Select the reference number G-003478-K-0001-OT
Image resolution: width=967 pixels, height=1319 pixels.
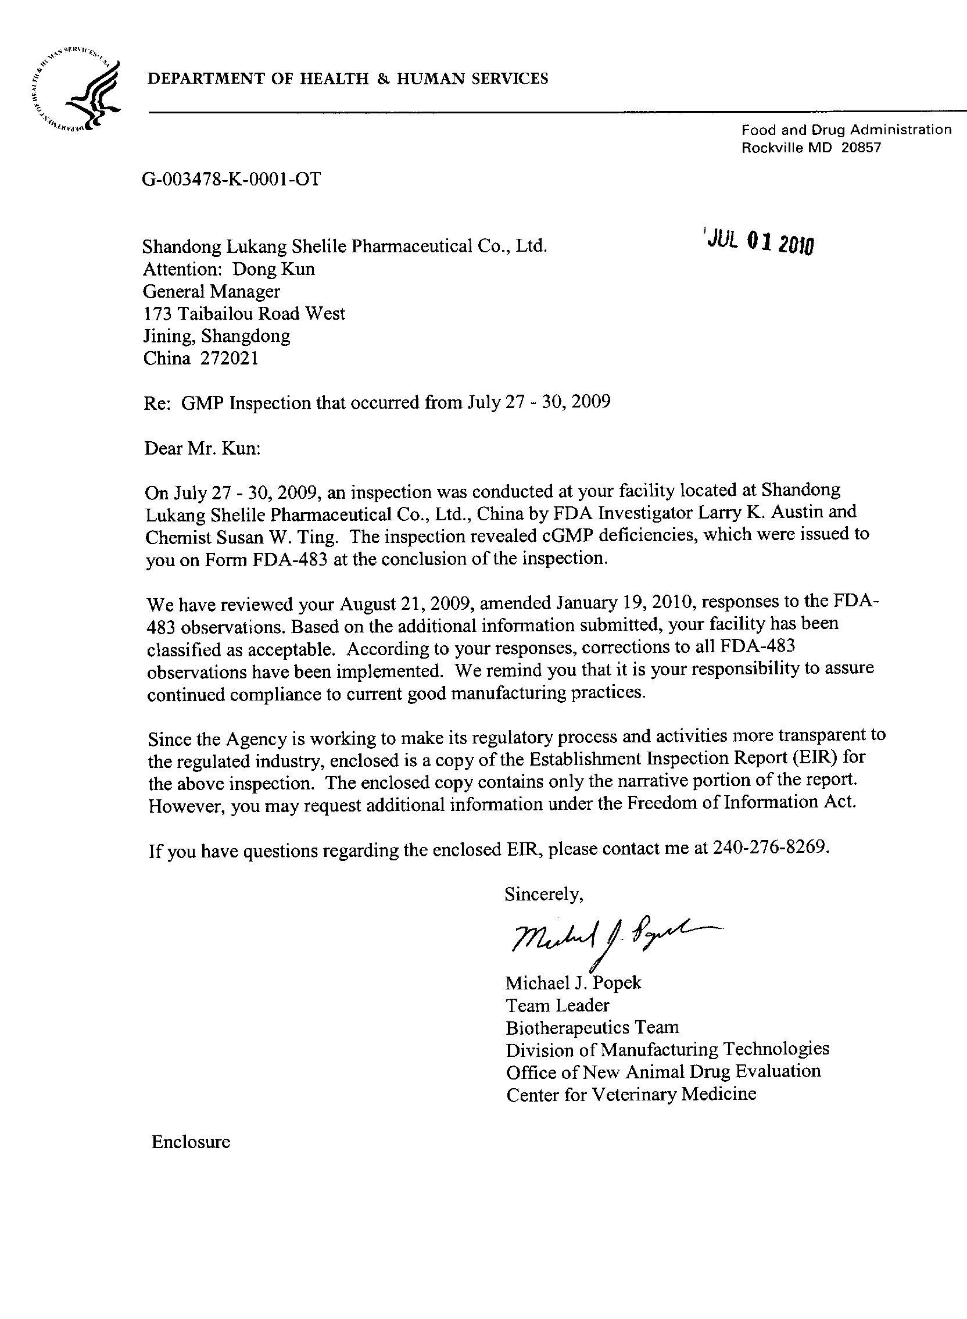[x=231, y=178]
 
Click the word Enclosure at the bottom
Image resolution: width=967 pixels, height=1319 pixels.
[x=191, y=1142]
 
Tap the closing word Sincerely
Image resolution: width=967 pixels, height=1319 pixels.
[x=544, y=894]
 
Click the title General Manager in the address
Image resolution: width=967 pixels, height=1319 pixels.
[x=212, y=291]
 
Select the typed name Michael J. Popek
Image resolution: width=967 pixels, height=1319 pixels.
[x=573, y=982]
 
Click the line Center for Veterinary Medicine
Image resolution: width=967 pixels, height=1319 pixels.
[x=631, y=1094]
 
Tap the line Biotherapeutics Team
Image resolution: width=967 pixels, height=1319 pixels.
[x=592, y=1027]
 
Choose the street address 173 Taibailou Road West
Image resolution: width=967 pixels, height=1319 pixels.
[x=244, y=314]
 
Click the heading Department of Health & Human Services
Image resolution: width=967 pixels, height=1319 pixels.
[x=348, y=78]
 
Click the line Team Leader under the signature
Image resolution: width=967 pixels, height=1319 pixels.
[x=557, y=1005]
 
